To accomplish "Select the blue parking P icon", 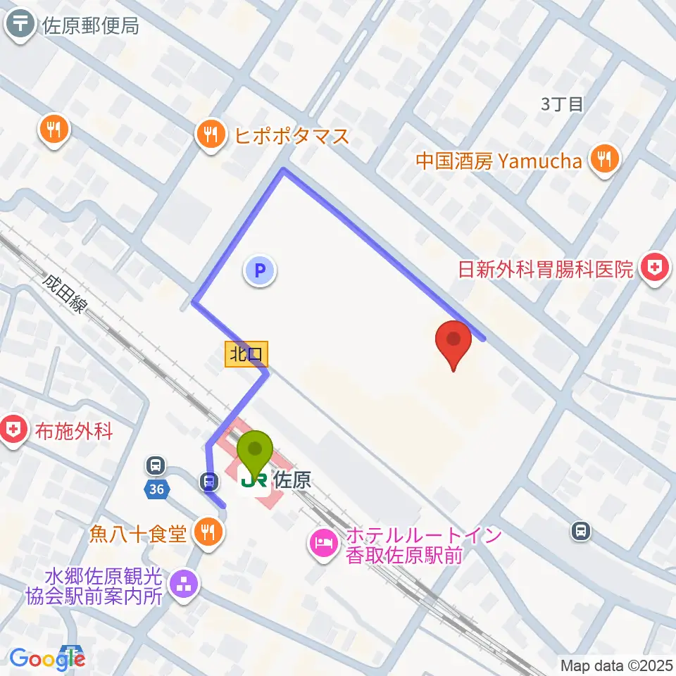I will (260, 270).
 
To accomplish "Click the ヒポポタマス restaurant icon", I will (211, 133).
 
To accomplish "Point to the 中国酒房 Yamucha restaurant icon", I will (604, 160).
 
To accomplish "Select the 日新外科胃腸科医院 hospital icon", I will (654, 268).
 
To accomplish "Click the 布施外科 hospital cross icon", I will (14, 430).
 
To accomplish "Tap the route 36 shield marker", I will (156, 489).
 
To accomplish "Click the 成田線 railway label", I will (66, 296).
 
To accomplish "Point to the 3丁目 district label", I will (563, 104).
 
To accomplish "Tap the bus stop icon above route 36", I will (156, 465).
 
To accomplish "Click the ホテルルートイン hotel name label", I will (423, 544).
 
